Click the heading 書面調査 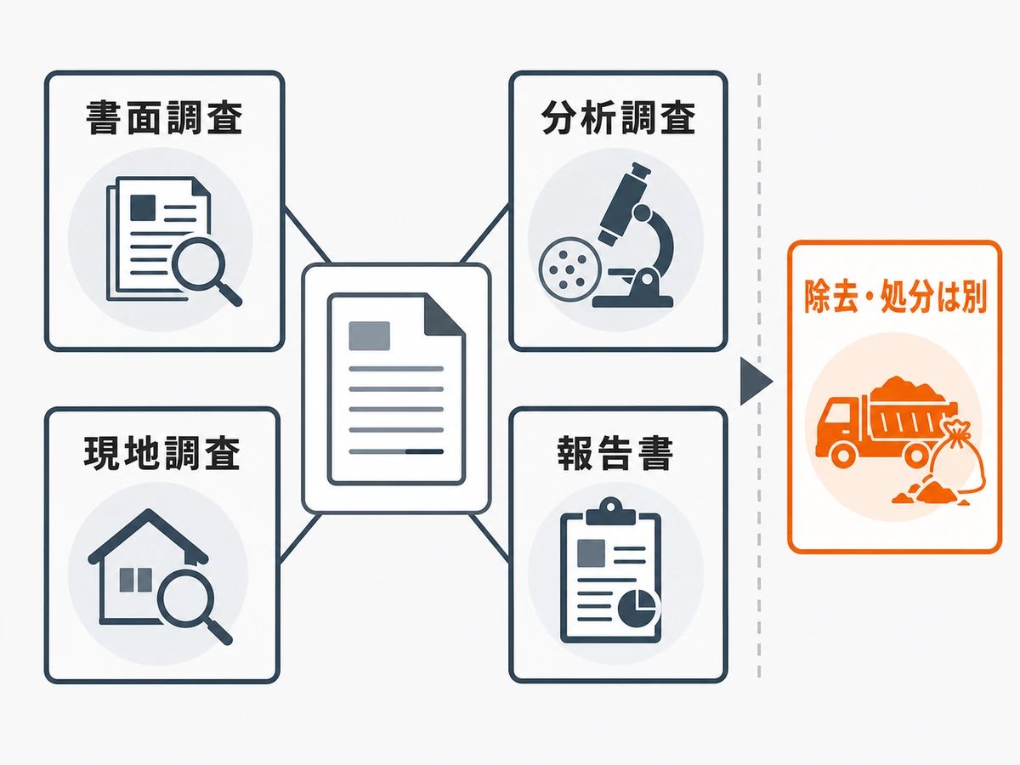164,117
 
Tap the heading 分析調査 618,117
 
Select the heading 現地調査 161,453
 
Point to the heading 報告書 615,453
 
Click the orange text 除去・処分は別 895,296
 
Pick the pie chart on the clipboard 637,608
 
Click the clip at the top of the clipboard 610,511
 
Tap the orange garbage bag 958,456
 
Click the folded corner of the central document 445,314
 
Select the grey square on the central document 370,336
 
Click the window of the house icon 136,581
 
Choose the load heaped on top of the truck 907,389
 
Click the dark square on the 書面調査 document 143,207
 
